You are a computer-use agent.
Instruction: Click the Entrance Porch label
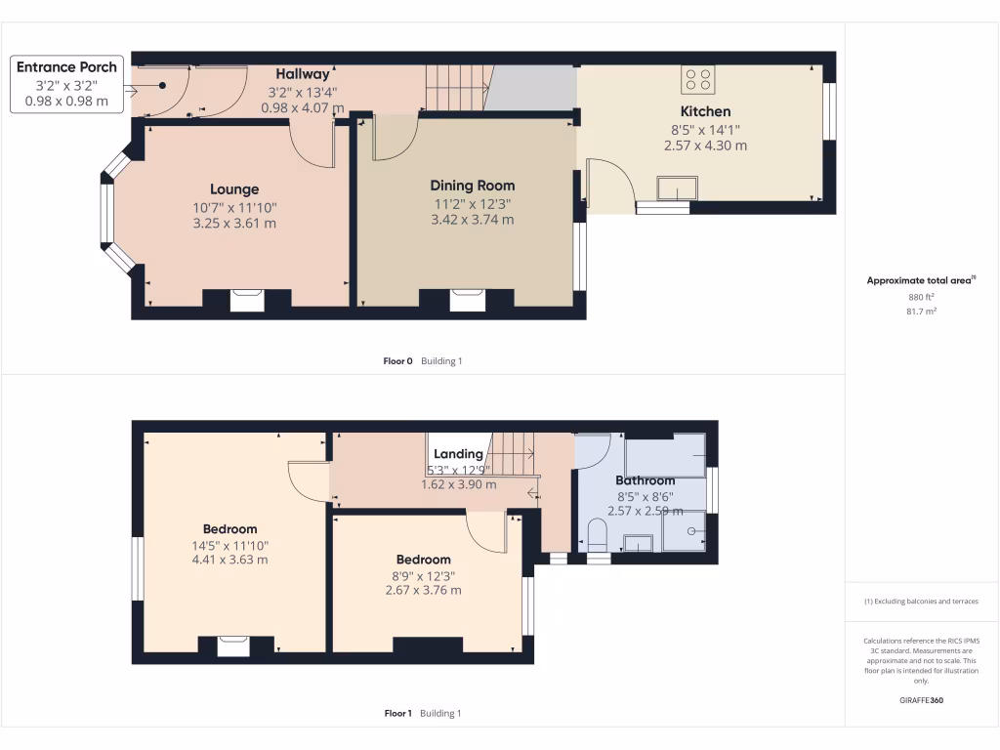[66, 66]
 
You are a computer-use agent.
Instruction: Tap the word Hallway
[303, 74]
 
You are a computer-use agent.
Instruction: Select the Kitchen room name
[705, 111]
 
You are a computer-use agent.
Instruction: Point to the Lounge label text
[234, 189]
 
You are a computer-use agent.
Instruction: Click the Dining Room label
[473, 186]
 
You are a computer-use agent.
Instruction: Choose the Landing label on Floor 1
[458, 454]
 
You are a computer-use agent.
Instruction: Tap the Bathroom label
[645, 480]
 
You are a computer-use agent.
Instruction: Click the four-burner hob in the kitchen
[698, 78]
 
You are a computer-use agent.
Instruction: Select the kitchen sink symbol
[677, 187]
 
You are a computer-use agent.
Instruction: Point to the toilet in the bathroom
[598, 535]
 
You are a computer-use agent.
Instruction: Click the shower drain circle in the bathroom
[691, 531]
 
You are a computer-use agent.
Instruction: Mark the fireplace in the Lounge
[246, 300]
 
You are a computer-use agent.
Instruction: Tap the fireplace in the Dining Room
[467, 300]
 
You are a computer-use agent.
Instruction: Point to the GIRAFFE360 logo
[922, 700]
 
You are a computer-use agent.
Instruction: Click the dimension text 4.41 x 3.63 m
[229, 560]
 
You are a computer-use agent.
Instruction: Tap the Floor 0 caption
[398, 361]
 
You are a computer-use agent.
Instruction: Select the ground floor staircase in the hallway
[456, 88]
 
